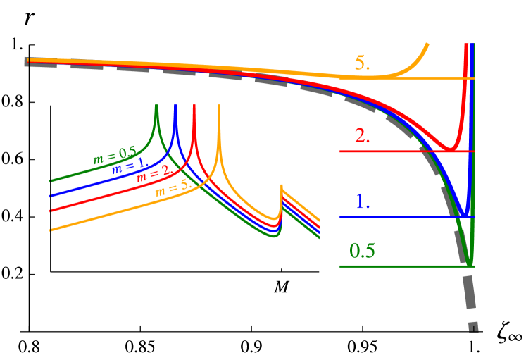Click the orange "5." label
tap(363, 63)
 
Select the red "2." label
tap(363, 136)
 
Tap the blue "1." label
tap(363, 201)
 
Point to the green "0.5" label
tap(363, 251)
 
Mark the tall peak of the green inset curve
tap(156, 106)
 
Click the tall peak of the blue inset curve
tap(175, 106)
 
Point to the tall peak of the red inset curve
tap(193, 106)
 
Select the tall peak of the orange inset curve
tap(219, 106)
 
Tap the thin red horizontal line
tap(394, 151)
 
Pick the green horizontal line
tap(401, 266)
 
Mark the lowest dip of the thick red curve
tap(449, 148)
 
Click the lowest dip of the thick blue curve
tap(465, 213)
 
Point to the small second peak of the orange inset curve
tap(282, 187)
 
